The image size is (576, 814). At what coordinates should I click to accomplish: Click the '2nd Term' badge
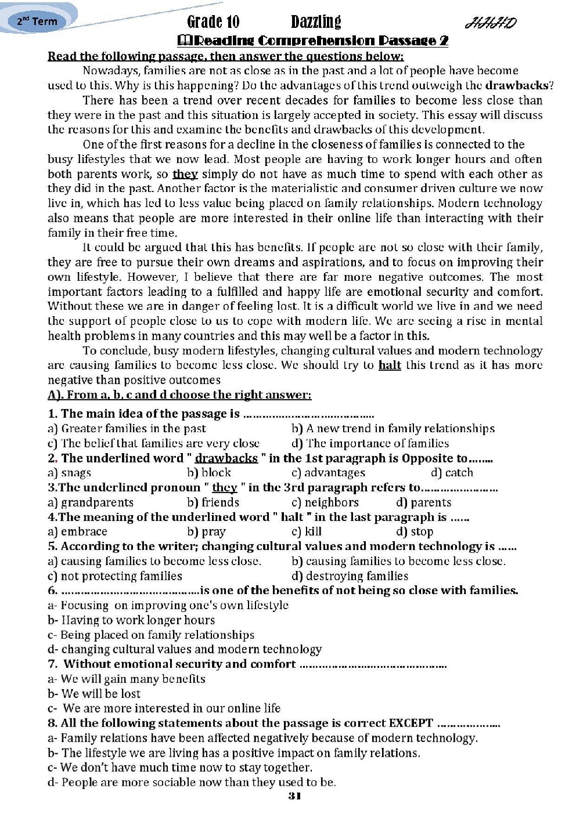(37, 21)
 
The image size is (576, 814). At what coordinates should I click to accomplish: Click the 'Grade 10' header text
(213, 22)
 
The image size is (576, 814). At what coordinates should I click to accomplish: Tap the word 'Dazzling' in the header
(315, 22)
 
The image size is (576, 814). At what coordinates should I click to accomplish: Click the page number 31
(294, 795)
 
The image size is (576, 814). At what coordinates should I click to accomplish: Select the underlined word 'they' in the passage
(185, 174)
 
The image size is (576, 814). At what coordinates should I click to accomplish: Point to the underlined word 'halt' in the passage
(390, 365)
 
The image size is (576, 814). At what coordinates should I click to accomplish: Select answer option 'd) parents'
(423, 502)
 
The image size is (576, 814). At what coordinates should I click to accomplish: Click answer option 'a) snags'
(69, 473)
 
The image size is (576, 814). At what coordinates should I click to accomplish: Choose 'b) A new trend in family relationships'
(393, 429)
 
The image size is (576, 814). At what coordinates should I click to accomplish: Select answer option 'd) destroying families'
(350, 576)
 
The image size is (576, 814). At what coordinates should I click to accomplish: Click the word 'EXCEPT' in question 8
(411, 723)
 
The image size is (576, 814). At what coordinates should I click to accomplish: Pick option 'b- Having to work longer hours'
(123, 620)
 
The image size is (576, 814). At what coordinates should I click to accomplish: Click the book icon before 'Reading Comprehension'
(183, 41)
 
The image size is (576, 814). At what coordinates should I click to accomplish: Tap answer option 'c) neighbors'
(325, 502)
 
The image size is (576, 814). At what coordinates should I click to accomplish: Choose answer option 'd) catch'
(452, 473)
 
